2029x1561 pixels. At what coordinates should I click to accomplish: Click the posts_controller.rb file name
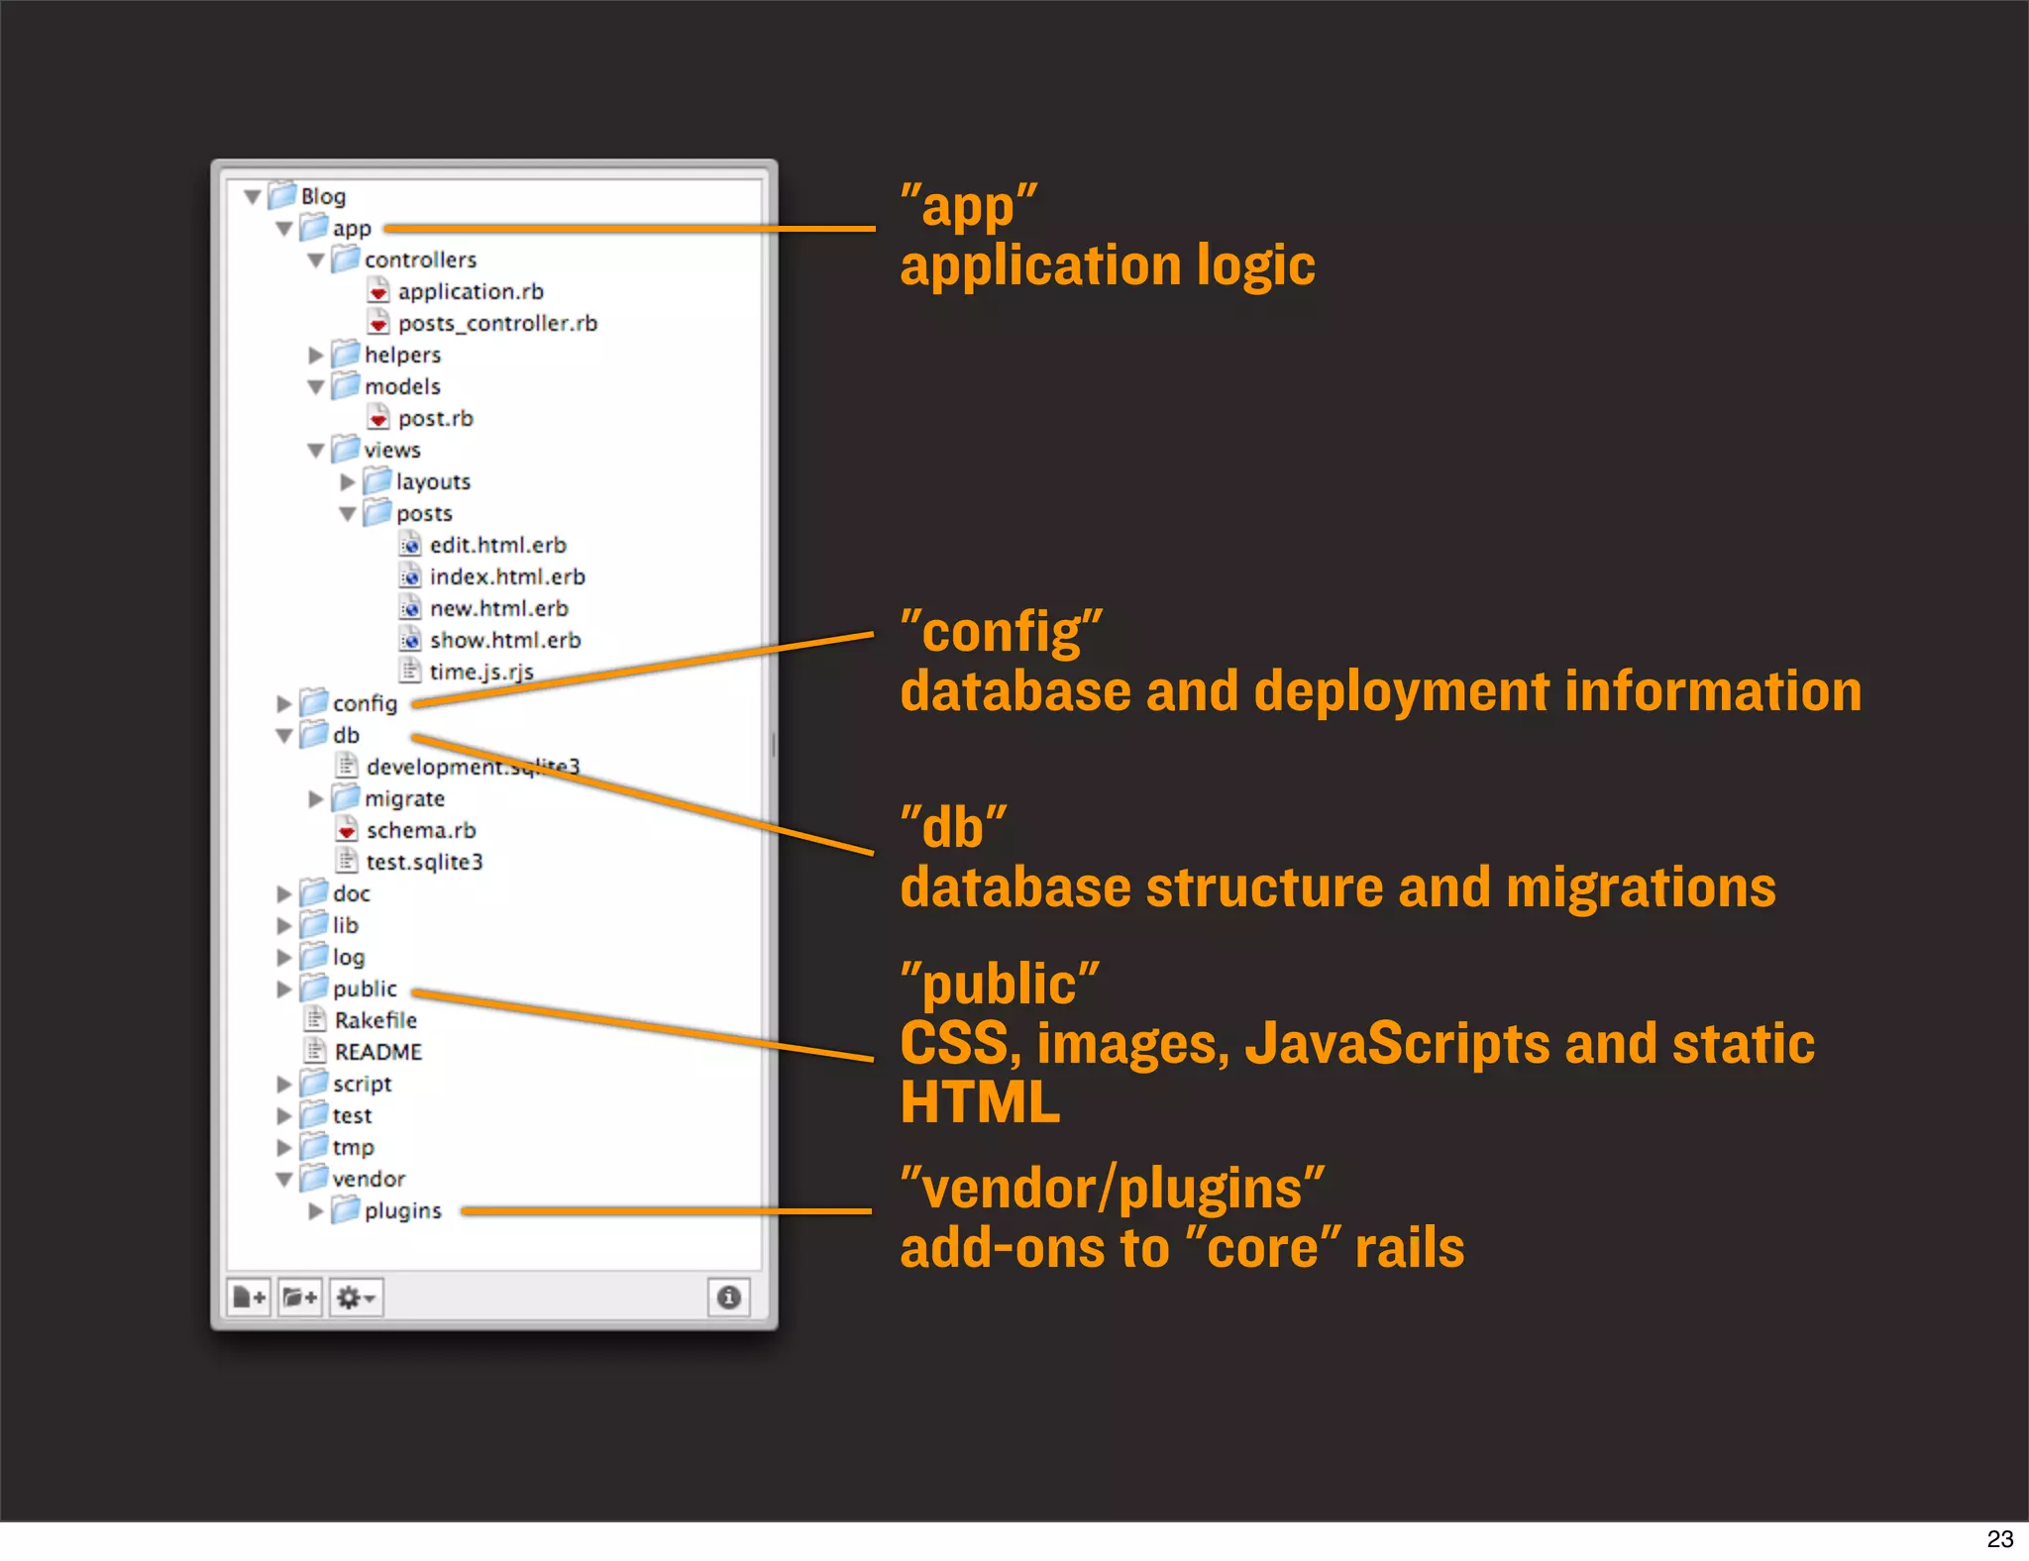497,323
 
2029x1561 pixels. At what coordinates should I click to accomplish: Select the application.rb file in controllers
471,291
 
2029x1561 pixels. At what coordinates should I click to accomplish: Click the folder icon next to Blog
282,195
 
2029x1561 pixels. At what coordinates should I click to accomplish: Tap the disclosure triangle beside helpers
316,355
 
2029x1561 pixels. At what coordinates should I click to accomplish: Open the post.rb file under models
435,418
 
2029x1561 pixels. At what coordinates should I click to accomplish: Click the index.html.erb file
506,576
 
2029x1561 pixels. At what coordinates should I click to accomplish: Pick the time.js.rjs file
481,672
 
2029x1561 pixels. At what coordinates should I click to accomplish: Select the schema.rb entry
420,830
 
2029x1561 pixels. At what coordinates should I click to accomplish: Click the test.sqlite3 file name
424,862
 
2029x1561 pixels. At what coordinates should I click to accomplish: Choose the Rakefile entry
375,1020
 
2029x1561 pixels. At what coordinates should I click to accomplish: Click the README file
377,1052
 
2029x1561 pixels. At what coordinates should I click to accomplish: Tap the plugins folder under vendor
402,1210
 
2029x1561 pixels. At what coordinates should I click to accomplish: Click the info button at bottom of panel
728,1298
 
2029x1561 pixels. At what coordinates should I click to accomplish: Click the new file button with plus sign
249,1298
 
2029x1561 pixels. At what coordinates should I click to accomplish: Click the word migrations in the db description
1640,886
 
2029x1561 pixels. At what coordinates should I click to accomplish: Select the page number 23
1999,1539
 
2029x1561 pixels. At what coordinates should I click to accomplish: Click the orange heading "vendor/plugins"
1112,1188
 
